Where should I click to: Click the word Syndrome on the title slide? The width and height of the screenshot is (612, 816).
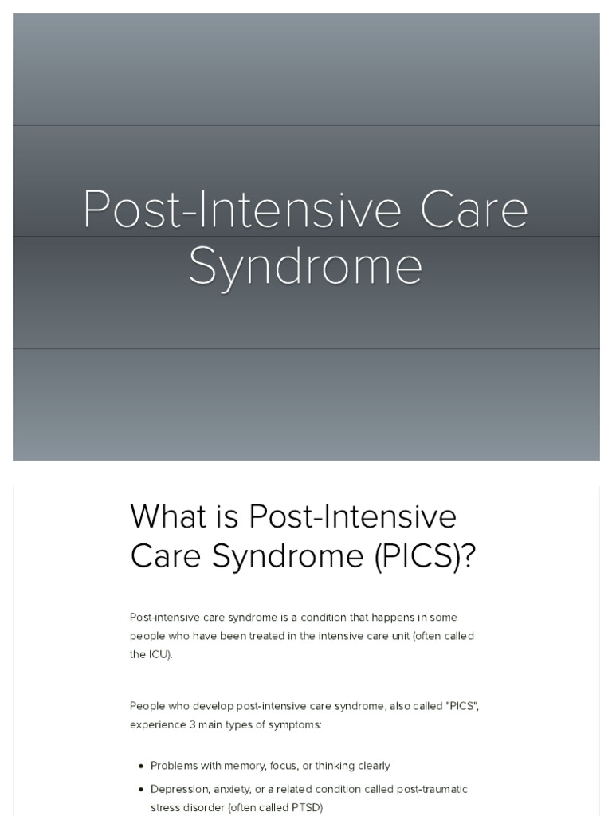click(x=305, y=266)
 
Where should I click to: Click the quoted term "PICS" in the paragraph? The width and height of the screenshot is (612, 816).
click(x=463, y=706)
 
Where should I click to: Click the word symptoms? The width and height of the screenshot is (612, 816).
click(x=295, y=724)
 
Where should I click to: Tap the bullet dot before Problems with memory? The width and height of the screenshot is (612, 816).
click(x=140, y=767)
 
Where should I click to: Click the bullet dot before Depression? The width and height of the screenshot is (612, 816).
click(x=140, y=790)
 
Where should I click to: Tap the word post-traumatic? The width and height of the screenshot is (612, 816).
click(x=431, y=789)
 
